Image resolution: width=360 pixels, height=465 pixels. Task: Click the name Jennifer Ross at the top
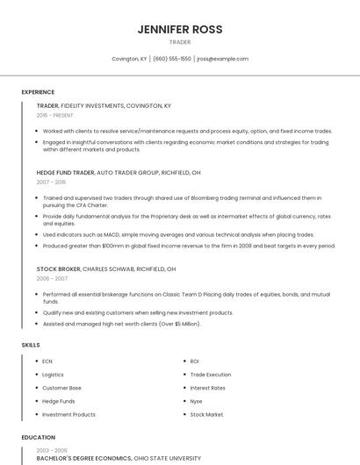click(180, 29)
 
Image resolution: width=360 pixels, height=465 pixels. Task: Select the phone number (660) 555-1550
click(172, 59)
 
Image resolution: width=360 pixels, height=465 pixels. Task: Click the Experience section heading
click(38, 92)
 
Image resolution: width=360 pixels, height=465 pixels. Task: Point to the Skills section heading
click(31, 345)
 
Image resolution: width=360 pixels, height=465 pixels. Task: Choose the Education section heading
click(38, 437)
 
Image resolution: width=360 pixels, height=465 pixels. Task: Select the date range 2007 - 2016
click(51, 182)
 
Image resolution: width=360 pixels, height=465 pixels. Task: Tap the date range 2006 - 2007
click(51, 277)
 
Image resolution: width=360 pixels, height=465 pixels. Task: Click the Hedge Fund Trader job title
click(65, 173)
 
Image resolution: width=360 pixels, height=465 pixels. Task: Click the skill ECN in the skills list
click(47, 361)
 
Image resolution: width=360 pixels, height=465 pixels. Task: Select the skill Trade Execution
click(210, 375)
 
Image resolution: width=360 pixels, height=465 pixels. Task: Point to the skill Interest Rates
click(207, 388)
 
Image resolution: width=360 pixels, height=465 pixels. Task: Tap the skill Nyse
click(197, 401)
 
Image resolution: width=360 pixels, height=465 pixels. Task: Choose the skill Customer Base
click(61, 388)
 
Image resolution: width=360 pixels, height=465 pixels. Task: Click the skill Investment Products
click(68, 414)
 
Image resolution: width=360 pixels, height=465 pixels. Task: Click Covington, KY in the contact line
click(129, 59)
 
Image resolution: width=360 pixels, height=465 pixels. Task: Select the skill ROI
click(195, 361)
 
